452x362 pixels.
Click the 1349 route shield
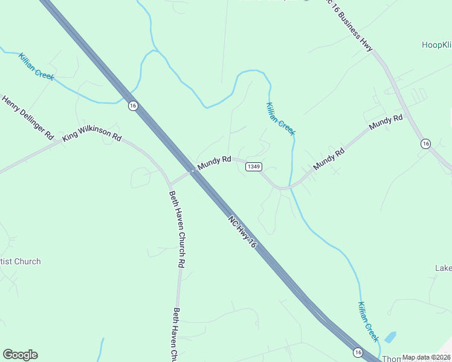(x=254, y=167)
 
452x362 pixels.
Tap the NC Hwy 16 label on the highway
(x=243, y=230)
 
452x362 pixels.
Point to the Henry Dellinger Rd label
(x=28, y=118)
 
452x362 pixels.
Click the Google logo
(x=20, y=355)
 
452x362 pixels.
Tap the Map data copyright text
(x=426, y=357)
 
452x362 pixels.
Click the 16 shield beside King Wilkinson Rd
(x=132, y=106)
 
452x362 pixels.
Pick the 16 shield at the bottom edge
(x=358, y=352)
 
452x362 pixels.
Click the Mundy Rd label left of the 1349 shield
(x=214, y=162)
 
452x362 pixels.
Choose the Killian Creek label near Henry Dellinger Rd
(x=36, y=66)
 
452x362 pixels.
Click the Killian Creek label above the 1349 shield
(x=280, y=118)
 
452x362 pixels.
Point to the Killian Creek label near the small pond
(x=368, y=321)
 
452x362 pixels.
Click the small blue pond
(x=390, y=337)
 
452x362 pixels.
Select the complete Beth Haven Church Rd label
(x=176, y=229)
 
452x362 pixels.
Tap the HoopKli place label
(x=436, y=45)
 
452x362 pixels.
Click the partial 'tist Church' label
(x=21, y=261)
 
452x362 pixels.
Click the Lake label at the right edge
(x=443, y=268)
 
